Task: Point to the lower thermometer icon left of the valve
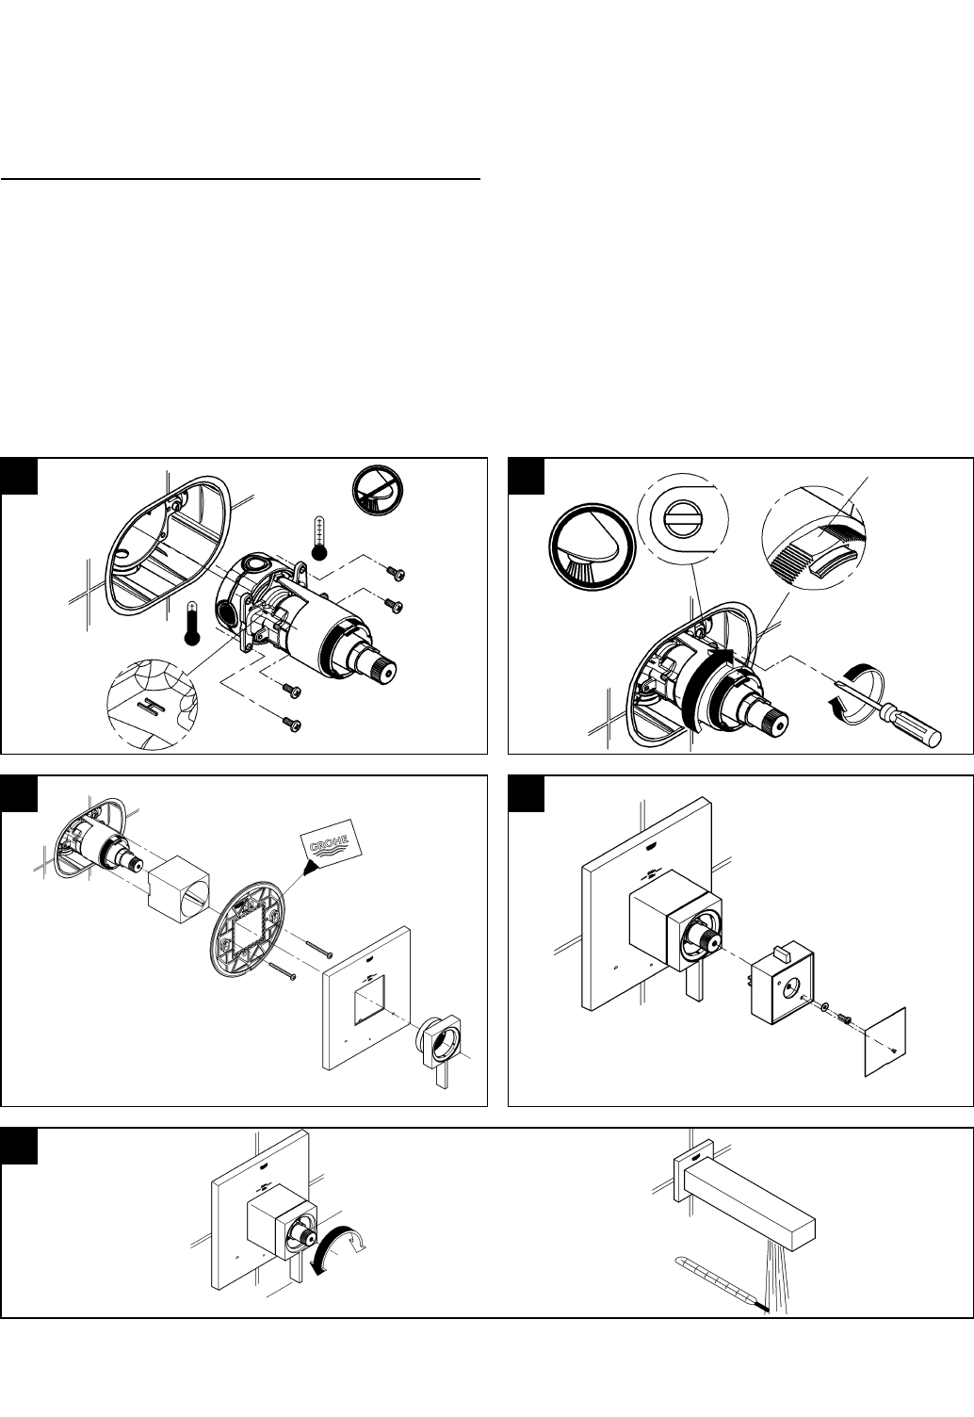192,625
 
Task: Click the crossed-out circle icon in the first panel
378,490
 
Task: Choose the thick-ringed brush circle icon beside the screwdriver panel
593,547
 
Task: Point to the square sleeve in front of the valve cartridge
178,890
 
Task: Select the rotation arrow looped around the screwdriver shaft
854,692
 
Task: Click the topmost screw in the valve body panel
397,574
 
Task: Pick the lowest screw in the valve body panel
292,724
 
